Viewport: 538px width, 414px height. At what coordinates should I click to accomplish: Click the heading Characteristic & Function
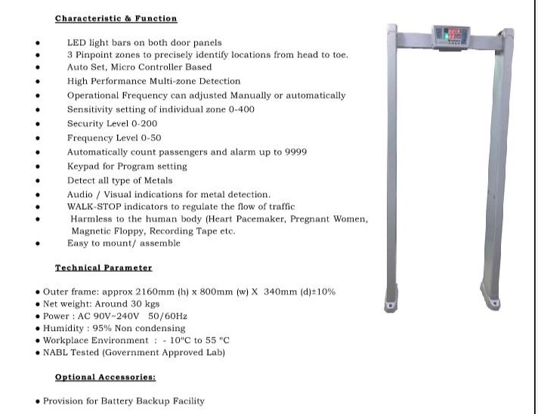coord(116,18)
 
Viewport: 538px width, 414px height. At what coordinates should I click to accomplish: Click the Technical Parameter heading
coord(104,268)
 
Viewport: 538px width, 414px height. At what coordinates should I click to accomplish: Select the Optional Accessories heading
coord(105,377)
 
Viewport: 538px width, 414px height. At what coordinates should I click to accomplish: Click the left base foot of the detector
coord(391,301)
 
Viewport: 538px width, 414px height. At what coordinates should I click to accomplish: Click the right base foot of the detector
coord(490,298)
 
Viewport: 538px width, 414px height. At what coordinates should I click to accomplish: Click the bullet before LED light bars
coord(38,42)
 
